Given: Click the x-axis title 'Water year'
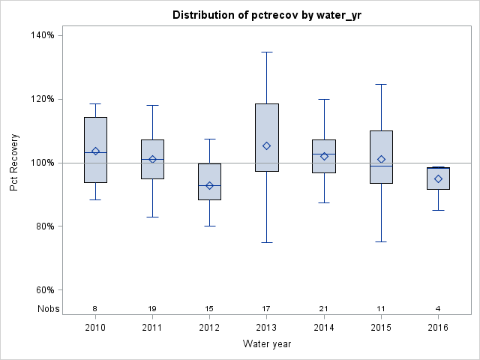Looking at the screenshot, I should click(x=266, y=343).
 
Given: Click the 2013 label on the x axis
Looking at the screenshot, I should click(x=267, y=327).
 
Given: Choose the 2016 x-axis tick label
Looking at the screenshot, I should click(x=439, y=327).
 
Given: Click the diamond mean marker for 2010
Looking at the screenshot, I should click(x=95, y=151).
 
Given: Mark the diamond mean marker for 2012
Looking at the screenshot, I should click(x=210, y=185).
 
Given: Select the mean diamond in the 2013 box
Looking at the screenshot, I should click(x=267, y=145).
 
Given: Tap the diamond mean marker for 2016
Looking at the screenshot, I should click(x=439, y=178).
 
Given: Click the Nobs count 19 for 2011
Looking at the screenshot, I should click(x=152, y=308).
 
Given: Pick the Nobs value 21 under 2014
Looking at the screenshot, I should click(x=324, y=308).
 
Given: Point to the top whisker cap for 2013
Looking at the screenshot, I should click(x=267, y=52).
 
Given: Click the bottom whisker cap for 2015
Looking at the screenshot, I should click(x=381, y=241).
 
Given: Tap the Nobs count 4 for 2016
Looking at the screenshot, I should click(x=439, y=308).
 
